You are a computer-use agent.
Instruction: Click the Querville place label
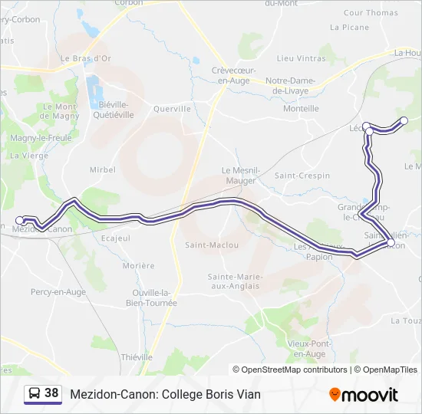coord(172,109)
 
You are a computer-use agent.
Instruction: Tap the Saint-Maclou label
coord(212,245)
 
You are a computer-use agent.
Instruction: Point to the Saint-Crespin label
coord(302,176)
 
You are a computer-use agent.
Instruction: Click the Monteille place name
coord(301,109)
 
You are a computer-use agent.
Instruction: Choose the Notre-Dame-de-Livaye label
coord(298,85)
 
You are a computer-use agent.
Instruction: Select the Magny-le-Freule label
coord(41,138)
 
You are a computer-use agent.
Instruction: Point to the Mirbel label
coord(102,169)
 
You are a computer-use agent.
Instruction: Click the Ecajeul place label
coord(115,238)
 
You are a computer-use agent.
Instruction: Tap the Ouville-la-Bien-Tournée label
coord(155,297)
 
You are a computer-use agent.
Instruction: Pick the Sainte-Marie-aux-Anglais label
coord(236,281)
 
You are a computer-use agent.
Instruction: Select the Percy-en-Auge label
coord(58,292)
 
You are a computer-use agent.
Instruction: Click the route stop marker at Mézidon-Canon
coord(21,220)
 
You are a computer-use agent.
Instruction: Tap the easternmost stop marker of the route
coord(404,120)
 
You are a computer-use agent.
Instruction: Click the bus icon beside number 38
coord(35,394)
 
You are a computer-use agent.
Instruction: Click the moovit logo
coord(364,395)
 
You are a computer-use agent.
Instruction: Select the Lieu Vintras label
coord(301,58)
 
